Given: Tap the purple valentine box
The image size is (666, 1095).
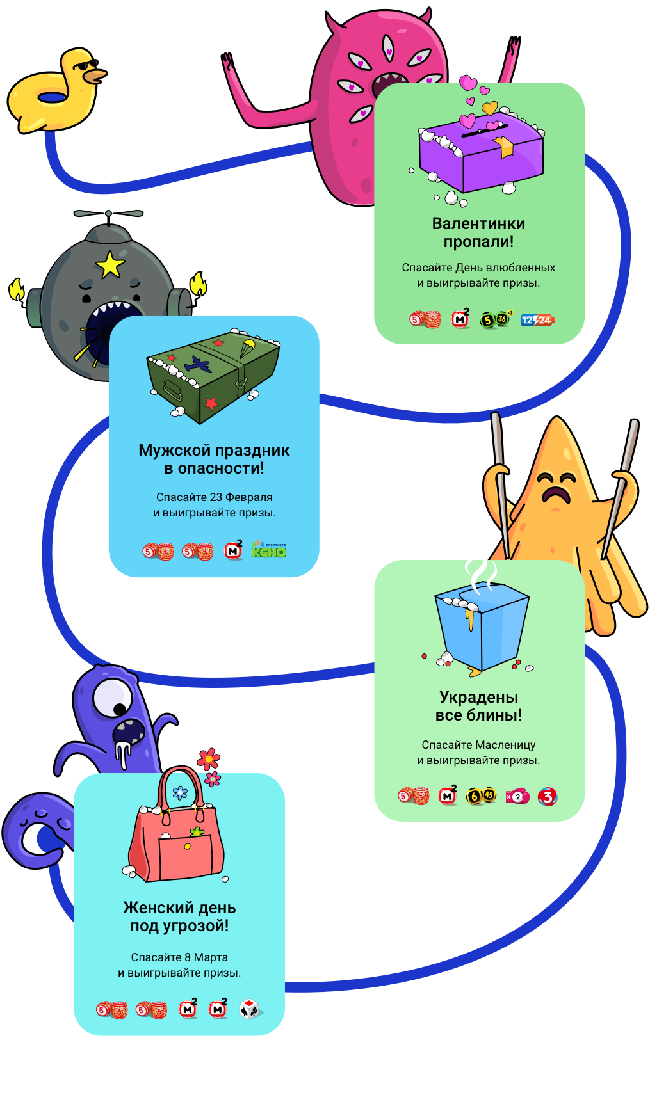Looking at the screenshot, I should (x=481, y=157).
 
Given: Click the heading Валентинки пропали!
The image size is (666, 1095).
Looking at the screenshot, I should (x=478, y=232).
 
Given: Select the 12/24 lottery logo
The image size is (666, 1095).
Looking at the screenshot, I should (x=537, y=320).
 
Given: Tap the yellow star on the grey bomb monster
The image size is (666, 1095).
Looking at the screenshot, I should (x=110, y=264).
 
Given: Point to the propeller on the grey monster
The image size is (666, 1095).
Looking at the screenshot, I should (x=108, y=214).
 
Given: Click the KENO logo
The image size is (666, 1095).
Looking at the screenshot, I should (x=269, y=550).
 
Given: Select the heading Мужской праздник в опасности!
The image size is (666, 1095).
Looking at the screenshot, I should (x=214, y=459).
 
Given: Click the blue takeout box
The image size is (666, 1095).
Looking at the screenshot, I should (x=482, y=630).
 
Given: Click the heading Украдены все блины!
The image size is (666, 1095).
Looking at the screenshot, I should (x=478, y=706).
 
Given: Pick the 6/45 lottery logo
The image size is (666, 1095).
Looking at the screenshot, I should (x=481, y=796).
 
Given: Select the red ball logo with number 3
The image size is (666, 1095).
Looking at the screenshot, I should (x=548, y=797).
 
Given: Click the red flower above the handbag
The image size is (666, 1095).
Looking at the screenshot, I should (x=208, y=760).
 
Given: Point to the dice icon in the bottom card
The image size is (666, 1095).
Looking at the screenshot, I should (x=249, y=1009).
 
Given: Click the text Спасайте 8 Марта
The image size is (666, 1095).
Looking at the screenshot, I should (x=179, y=957).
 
